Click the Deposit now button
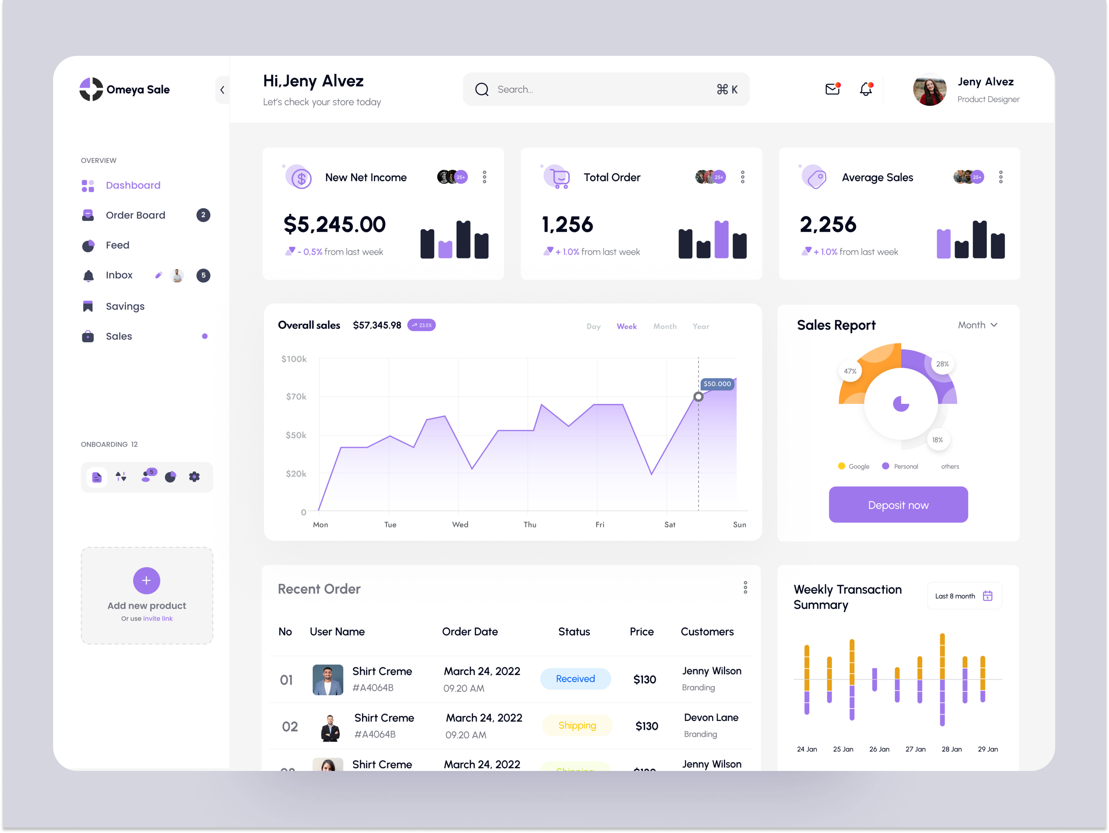(898, 505)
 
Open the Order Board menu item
(135, 215)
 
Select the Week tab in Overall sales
(626, 326)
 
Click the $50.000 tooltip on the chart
(717, 384)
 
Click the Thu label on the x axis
(530, 525)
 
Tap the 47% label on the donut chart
(850, 371)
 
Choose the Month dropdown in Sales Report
(977, 325)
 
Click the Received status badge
(575, 679)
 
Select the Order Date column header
(470, 631)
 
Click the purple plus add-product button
(146, 580)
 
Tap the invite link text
(158, 619)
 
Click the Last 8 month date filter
(964, 596)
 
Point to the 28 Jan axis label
(951, 749)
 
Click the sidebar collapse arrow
(222, 90)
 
